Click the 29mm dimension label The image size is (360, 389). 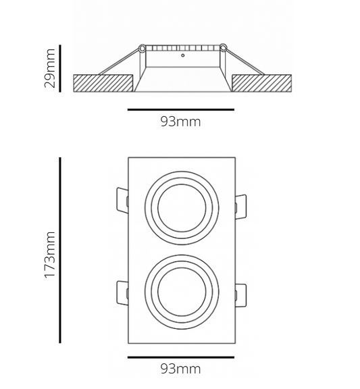[x=49, y=68]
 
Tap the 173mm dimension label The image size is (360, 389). [x=49, y=257]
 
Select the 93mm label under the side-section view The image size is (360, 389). [x=180, y=122]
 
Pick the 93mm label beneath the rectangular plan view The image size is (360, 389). [x=180, y=369]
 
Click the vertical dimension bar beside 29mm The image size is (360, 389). [x=61, y=68]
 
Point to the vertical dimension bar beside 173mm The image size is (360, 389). [x=61, y=250]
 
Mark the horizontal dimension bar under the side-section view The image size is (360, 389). [x=180, y=109]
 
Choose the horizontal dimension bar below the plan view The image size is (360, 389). [x=180, y=357]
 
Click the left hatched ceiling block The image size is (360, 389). [x=102, y=83]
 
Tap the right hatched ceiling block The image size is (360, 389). [x=262, y=83]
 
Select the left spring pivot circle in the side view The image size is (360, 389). [x=142, y=48]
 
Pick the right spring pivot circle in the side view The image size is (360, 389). [x=223, y=48]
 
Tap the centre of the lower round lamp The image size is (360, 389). [x=180, y=290]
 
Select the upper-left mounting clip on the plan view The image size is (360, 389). [x=121, y=201]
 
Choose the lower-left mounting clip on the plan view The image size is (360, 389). [x=121, y=294]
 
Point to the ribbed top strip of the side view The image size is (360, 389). [x=182, y=49]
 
